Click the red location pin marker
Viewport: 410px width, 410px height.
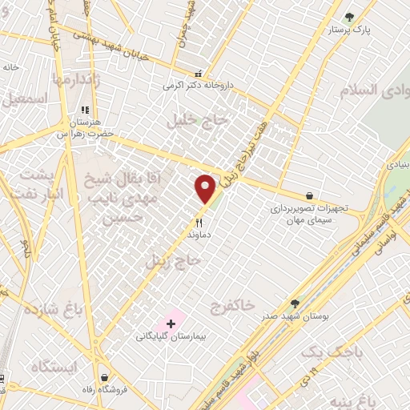206,188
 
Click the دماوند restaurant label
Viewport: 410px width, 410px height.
198,236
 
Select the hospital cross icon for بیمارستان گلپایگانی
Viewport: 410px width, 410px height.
171,324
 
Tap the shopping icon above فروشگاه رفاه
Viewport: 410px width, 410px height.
104,376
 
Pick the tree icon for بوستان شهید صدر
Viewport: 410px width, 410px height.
295,303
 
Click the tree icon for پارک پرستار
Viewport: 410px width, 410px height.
348,16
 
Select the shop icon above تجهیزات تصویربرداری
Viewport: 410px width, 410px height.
309,195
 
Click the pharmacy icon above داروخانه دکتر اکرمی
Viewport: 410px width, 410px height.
199,73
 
